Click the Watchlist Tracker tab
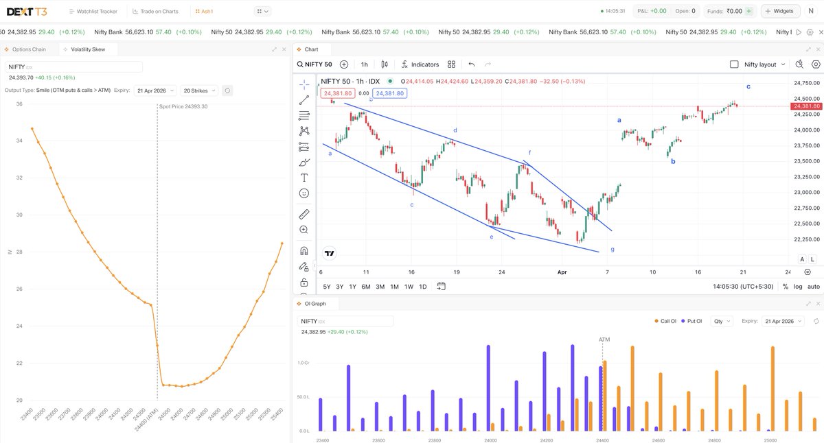click(93, 11)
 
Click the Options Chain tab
click(29, 49)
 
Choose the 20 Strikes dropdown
click(199, 91)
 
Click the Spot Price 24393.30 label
click(183, 106)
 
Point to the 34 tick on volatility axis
click(19, 141)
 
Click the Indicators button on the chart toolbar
click(420, 64)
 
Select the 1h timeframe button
click(364, 64)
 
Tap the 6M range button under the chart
click(366, 287)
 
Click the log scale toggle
click(798, 287)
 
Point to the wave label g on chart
click(613, 250)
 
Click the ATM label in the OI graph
click(604, 339)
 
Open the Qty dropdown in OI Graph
click(722, 321)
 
